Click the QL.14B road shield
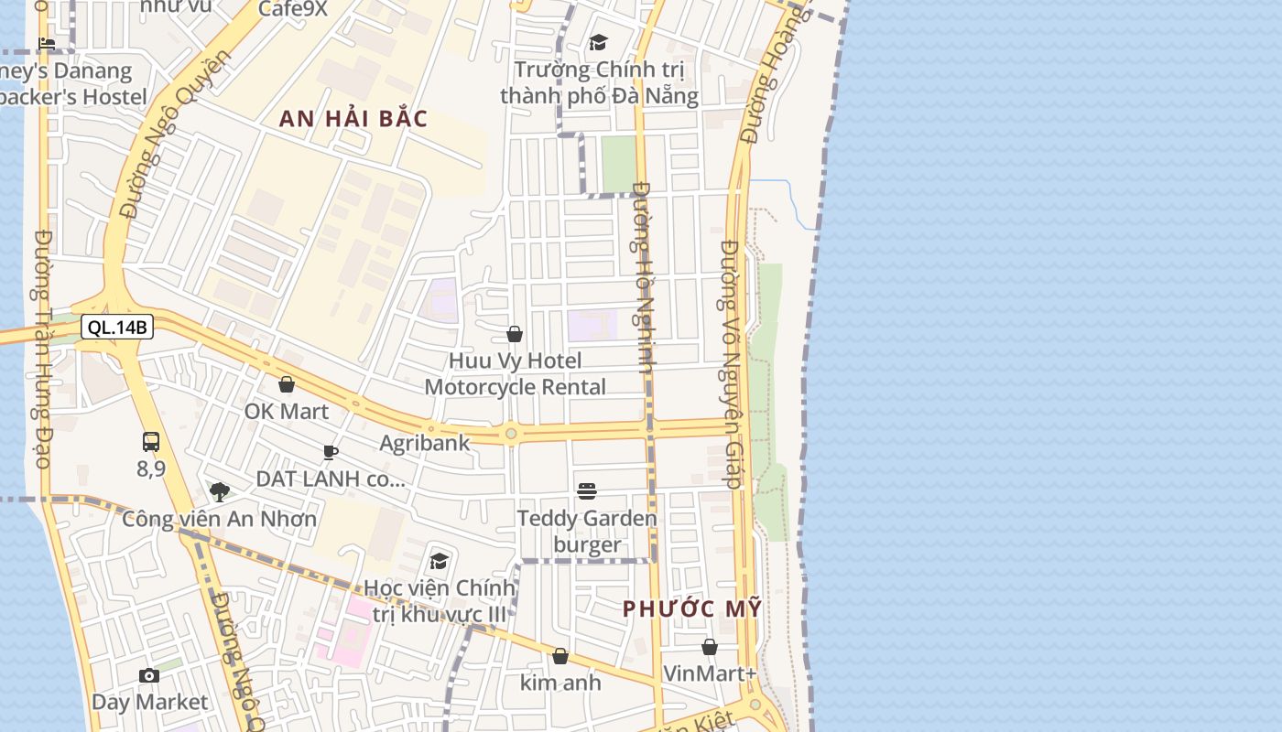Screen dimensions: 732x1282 coord(116,327)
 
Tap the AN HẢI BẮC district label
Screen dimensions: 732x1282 coord(353,119)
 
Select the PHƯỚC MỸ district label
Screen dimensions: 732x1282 coord(692,608)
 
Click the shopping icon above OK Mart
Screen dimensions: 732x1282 coord(287,384)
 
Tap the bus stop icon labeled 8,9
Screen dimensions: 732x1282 coord(151,442)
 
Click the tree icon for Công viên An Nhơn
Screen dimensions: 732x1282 coord(220,492)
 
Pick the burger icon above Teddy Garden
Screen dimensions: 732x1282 coord(587,491)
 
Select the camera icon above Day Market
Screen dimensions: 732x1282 coord(149,676)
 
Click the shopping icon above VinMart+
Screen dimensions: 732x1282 coord(710,647)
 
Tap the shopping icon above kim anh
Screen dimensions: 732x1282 coord(560,656)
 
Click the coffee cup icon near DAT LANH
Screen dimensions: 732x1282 coord(331,452)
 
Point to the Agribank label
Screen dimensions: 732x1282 coord(425,443)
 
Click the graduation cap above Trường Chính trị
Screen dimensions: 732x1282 coord(599,42)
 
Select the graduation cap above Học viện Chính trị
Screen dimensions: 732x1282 coord(440,560)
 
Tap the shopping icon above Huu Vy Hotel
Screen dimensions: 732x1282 coord(515,334)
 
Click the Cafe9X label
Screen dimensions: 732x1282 coord(293,9)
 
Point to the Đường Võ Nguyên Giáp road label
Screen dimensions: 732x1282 coord(730,363)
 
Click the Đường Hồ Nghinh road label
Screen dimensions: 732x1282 coord(645,276)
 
